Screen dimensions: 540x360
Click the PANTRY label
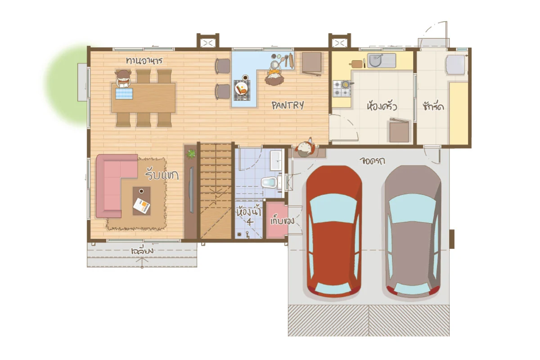click(288, 105)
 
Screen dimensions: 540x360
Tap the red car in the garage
click(333, 231)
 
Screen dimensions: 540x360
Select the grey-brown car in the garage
click(413, 231)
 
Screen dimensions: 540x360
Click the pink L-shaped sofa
click(113, 183)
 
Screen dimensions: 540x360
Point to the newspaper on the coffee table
click(141, 206)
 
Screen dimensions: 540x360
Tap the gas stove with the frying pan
click(342, 89)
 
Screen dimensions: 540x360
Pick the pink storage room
click(276, 220)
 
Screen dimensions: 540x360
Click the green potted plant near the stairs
click(191, 154)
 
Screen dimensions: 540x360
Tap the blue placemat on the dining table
click(124, 94)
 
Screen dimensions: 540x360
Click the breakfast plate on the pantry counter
click(242, 89)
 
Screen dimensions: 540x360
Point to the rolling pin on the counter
click(291, 60)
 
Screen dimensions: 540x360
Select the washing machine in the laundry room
click(455, 65)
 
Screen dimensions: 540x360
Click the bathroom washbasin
click(276, 160)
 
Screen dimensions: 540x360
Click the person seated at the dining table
click(123, 78)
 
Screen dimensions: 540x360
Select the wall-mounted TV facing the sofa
click(192, 190)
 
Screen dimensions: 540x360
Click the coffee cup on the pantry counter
click(245, 78)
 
